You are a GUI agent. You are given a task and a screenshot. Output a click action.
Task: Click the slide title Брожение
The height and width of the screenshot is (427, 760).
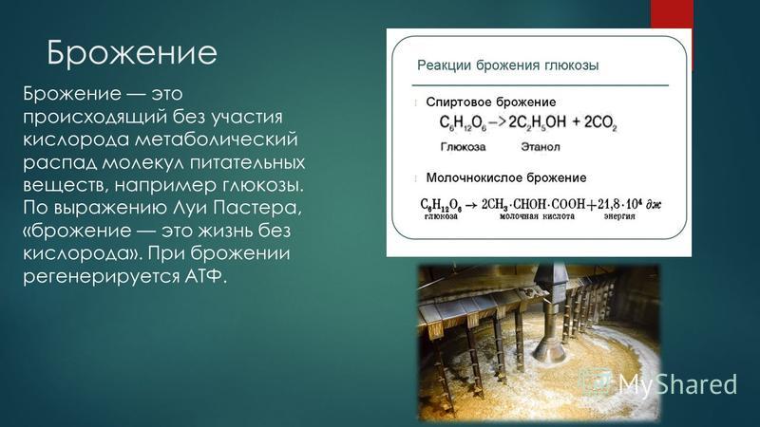[x=132, y=53]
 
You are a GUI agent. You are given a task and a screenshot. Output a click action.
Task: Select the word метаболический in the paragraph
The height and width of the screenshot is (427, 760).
[x=216, y=139]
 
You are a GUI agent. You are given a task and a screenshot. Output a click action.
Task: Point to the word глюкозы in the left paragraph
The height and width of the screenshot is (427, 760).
[x=265, y=185]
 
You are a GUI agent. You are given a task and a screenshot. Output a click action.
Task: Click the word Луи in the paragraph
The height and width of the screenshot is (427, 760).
[x=189, y=208]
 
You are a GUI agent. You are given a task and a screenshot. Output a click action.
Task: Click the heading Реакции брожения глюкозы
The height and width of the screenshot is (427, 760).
[x=508, y=65]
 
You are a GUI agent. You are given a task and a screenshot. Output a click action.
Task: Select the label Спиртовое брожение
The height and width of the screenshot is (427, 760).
[x=490, y=102]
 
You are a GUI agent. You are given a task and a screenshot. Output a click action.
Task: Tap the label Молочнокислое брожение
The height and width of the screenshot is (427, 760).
[x=506, y=177]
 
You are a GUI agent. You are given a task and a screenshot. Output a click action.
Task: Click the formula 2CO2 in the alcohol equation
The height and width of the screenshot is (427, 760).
[x=600, y=122]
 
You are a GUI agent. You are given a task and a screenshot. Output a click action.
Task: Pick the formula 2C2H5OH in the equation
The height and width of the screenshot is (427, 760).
[x=537, y=122]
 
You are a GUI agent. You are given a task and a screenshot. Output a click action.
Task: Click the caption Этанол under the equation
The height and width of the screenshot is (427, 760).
[x=541, y=147]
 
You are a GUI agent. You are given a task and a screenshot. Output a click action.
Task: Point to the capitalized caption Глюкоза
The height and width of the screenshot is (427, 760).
[x=463, y=147]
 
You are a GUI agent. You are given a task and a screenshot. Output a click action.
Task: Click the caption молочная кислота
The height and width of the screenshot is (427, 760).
[x=537, y=216]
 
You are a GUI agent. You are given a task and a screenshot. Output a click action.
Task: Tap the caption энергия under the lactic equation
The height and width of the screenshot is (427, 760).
[x=619, y=216]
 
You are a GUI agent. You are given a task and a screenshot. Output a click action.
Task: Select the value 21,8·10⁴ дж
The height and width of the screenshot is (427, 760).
[x=629, y=204]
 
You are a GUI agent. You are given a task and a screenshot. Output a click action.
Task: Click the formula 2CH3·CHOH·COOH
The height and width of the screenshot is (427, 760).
[x=533, y=204]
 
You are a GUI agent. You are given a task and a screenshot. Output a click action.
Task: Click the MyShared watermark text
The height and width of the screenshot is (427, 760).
[x=677, y=384]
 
